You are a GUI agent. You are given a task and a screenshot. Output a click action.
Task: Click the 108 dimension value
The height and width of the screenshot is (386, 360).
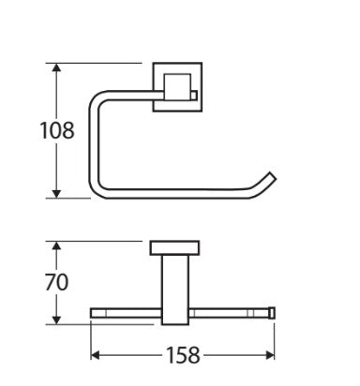57,130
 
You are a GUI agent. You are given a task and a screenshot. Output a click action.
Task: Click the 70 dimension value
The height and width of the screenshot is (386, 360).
56,282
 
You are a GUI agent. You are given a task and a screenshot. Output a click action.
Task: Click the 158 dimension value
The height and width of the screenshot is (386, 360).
183,355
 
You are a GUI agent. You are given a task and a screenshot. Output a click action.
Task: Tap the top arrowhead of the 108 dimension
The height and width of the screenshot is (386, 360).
56,67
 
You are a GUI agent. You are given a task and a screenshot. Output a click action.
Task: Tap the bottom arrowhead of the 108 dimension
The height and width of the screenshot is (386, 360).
56,194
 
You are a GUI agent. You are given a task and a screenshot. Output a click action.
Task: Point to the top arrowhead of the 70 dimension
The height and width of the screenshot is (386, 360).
56,245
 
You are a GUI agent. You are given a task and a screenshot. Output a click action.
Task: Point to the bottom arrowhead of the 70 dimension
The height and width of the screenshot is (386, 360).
56,319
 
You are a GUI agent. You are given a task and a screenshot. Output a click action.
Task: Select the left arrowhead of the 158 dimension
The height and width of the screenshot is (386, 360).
95,355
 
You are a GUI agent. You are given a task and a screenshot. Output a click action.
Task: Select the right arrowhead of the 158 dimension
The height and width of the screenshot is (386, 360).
270,355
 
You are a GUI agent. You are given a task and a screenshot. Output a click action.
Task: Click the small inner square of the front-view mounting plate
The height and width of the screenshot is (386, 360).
177,87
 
